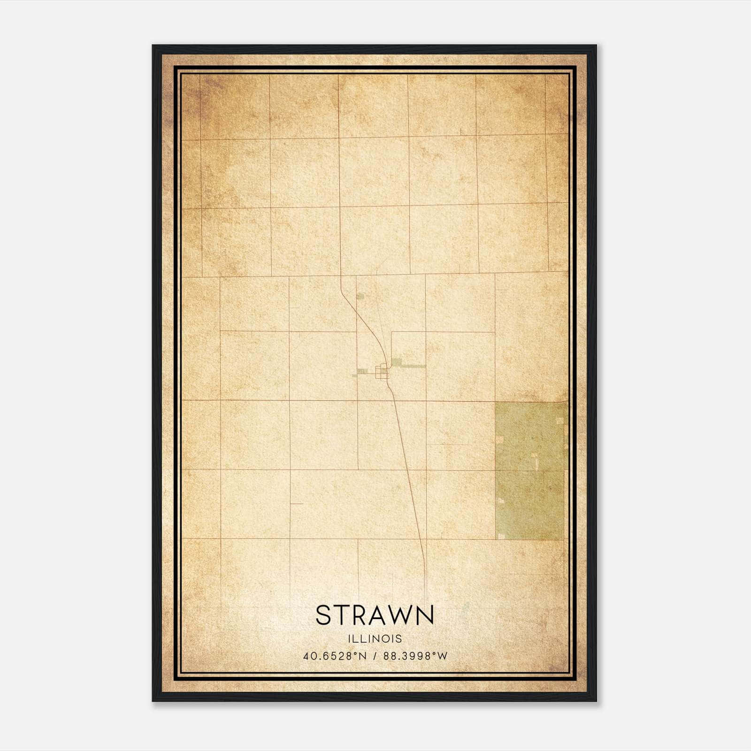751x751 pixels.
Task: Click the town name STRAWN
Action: [375, 615]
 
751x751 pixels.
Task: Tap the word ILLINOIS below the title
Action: [375, 639]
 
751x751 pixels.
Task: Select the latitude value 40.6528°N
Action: [334, 656]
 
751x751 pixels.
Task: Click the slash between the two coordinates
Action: [374, 656]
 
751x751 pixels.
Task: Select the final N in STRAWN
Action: [424, 615]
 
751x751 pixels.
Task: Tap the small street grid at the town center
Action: [383, 372]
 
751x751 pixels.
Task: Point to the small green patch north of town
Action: [360, 297]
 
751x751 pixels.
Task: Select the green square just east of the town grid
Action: [397, 362]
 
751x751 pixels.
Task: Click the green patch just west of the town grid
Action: [363, 371]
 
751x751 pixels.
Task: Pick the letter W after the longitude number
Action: [443, 656]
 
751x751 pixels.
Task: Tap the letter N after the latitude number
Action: [365, 656]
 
